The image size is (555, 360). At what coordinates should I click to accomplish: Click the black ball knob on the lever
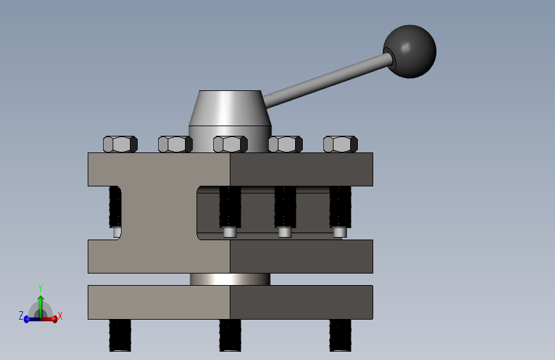click(x=410, y=51)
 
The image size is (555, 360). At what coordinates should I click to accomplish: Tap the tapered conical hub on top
click(x=230, y=108)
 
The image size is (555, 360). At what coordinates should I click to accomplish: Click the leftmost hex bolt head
click(x=120, y=144)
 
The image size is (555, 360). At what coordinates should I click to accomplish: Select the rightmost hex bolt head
click(x=341, y=144)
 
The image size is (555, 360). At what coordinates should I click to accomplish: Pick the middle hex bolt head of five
click(x=230, y=144)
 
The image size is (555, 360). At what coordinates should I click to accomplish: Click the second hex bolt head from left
click(x=175, y=144)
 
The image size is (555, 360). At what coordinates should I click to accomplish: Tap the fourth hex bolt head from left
click(x=286, y=144)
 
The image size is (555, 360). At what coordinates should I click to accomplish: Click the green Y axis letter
click(x=40, y=288)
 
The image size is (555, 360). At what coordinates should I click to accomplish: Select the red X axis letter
click(x=60, y=316)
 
